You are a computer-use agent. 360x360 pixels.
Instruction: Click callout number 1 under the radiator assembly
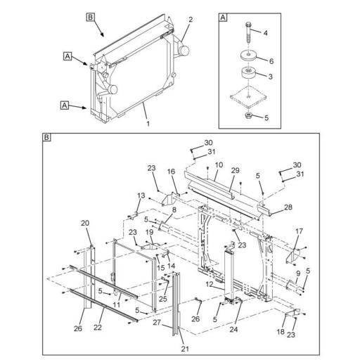(x=148, y=124)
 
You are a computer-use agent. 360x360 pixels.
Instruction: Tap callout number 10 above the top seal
(x=219, y=165)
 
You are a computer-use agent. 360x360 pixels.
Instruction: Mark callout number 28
(x=287, y=208)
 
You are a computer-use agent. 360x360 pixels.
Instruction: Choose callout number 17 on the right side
(x=299, y=231)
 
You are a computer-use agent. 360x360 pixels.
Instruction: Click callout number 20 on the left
(x=84, y=223)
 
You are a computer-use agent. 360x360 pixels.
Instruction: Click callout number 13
(x=140, y=195)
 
